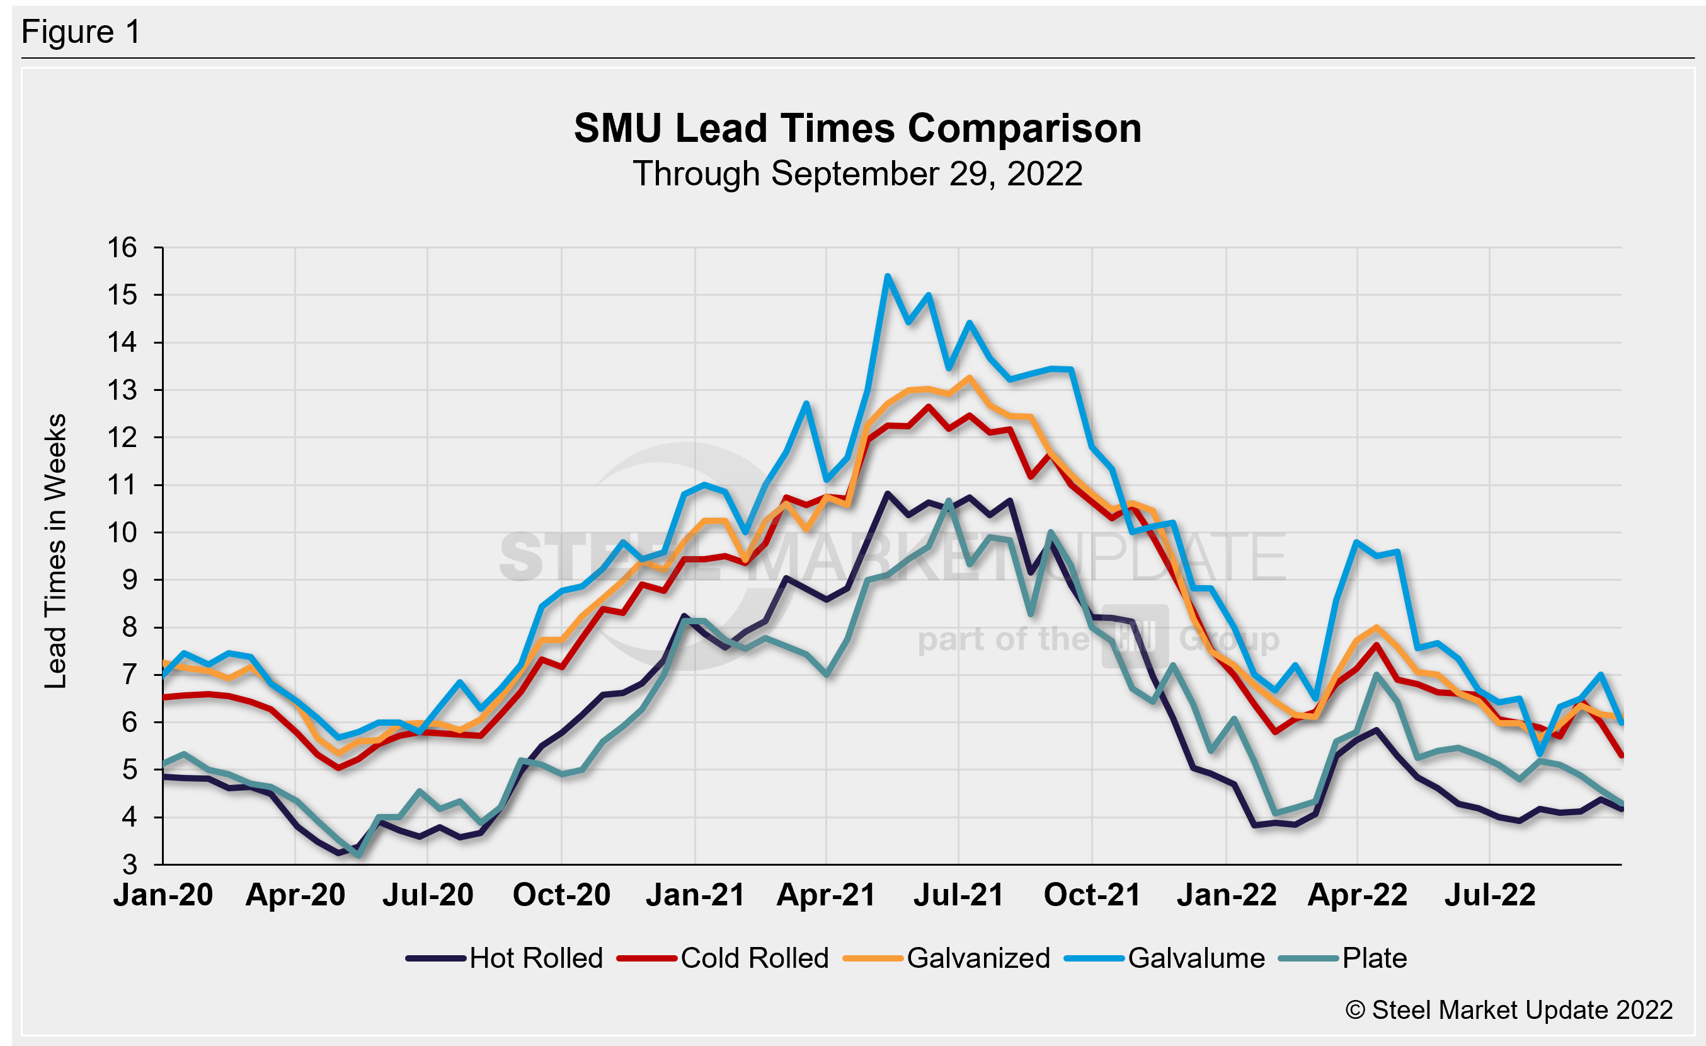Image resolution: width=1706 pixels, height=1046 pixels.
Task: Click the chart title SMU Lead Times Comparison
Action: coord(857,129)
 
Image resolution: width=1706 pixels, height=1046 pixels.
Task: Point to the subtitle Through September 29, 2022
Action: coord(857,173)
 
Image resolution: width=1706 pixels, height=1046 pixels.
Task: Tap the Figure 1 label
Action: coord(81,32)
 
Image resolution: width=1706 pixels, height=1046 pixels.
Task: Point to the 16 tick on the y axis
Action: coord(122,248)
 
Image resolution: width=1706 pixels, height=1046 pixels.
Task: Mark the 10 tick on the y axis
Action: coord(122,533)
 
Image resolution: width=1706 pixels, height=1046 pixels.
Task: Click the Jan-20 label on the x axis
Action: coord(163,895)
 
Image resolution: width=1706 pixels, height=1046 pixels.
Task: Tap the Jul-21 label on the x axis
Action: coord(958,895)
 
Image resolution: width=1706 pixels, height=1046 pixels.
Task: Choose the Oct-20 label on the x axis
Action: coord(561,895)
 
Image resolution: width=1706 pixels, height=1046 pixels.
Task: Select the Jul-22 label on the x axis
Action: coord(1489,895)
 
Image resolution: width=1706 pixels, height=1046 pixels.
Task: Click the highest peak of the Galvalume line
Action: coord(888,276)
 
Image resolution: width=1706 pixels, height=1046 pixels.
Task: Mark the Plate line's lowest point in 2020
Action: coord(358,856)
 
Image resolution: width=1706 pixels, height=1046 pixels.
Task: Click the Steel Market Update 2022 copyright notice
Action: coord(1509,1010)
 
